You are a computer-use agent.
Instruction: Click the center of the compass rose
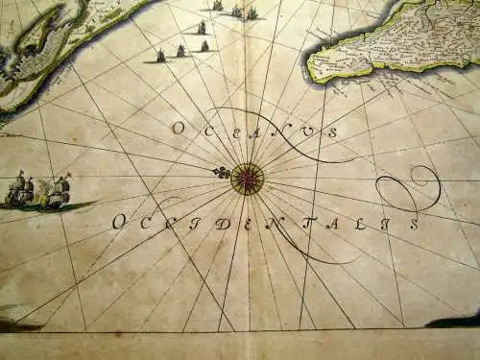[248, 179]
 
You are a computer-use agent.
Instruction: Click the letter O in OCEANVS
[178, 127]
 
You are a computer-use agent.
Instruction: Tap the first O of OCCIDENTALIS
[118, 222]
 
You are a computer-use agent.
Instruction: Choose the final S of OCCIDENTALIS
[414, 225]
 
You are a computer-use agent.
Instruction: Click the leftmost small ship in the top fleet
[160, 56]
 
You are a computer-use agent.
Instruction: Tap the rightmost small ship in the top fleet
[252, 13]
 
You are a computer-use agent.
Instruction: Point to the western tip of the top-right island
[310, 67]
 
